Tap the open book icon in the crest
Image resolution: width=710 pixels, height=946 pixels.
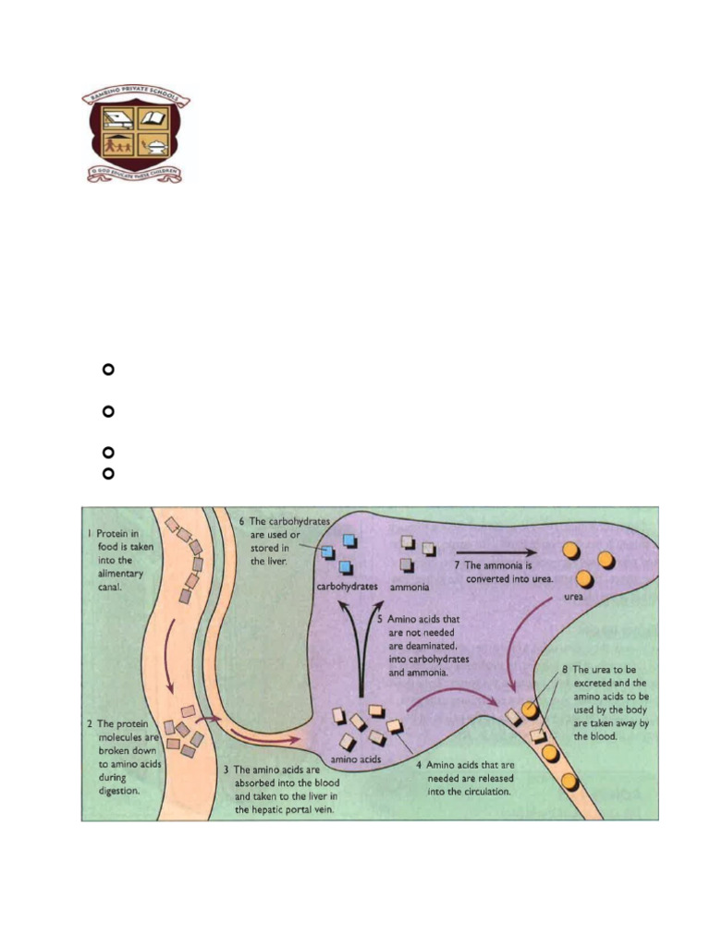click(153, 119)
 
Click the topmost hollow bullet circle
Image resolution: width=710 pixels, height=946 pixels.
click(106, 370)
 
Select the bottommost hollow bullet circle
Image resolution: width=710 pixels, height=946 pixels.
click(106, 473)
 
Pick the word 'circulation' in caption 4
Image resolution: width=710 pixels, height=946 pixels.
click(480, 791)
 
